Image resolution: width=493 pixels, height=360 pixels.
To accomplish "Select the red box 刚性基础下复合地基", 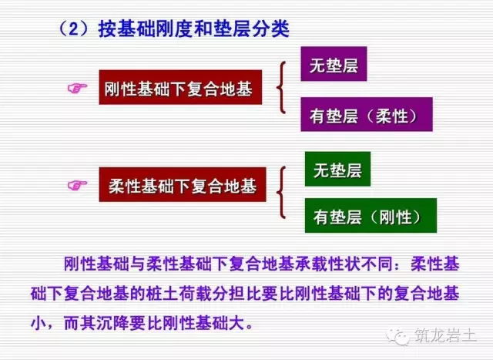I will [178, 90].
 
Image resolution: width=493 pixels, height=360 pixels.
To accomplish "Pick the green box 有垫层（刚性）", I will [370, 217].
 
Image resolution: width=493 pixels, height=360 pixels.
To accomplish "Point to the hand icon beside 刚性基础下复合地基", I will [78, 90].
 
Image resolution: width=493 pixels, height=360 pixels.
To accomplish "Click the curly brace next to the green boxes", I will [286, 192].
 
